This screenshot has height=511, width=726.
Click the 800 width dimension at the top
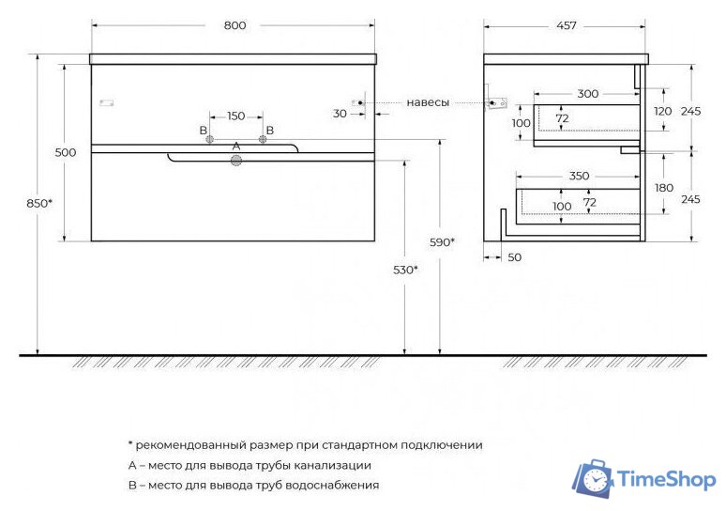(234, 25)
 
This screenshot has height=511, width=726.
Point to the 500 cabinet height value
(66, 152)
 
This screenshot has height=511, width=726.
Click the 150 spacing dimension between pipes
(235, 116)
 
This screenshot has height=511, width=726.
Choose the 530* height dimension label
(406, 270)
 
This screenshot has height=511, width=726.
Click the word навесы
(428, 101)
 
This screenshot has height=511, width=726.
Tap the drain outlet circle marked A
(236, 162)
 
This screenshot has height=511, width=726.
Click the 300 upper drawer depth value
(588, 94)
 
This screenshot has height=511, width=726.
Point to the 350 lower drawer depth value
(579, 176)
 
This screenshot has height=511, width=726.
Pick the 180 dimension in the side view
(664, 188)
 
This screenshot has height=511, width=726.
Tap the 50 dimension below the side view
(514, 256)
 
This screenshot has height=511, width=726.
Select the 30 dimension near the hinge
(340, 114)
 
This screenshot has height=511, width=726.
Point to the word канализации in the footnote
(324, 465)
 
